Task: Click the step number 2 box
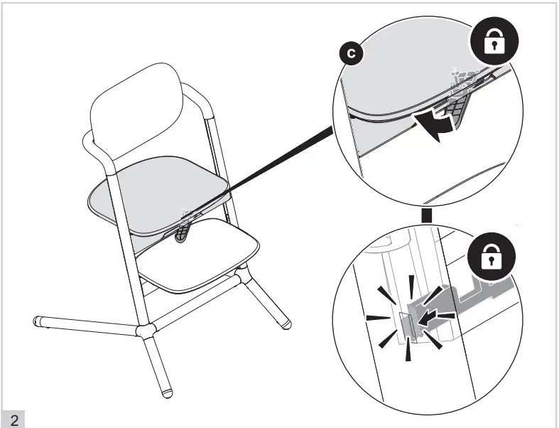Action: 13,419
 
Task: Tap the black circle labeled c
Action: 351,53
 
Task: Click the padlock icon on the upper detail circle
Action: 494,41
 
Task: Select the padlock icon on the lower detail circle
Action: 492,257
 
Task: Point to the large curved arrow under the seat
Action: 433,126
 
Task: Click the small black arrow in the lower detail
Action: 428,318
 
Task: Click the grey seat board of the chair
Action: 159,195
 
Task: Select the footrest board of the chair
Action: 198,255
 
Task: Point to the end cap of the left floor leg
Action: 38,321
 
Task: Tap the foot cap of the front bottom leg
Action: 166,392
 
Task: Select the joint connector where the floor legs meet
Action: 146,331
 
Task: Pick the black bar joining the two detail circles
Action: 426,215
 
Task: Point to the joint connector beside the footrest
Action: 241,276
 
